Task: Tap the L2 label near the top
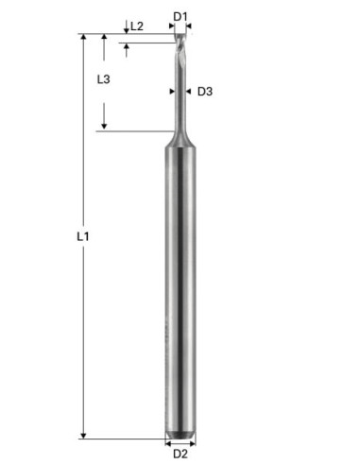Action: click(137, 26)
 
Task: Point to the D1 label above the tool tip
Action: click(180, 17)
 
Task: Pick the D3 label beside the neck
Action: click(205, 92)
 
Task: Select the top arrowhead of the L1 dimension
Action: click(83, 39)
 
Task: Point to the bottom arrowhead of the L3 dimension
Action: click(105, 126)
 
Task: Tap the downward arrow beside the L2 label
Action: click(127, 29)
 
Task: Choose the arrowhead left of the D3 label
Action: click(189, 92)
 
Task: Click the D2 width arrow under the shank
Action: click(180, 443)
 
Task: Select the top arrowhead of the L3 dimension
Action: click(105, 39)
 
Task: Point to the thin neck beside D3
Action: click(180, 95)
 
